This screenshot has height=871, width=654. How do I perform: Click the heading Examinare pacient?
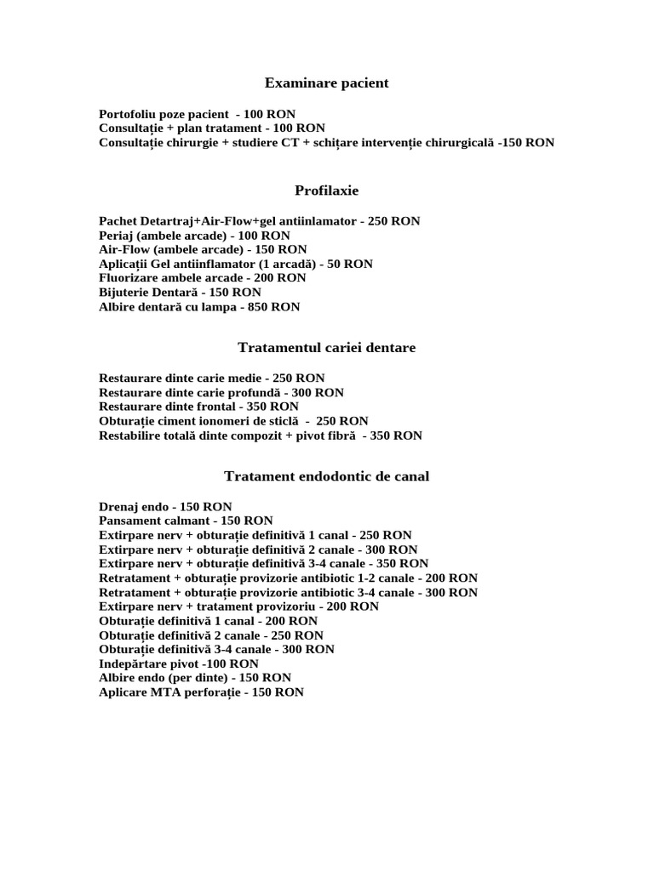[326, 83]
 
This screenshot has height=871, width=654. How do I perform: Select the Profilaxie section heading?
[326, 190]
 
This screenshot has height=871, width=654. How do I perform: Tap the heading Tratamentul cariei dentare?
[326, 348]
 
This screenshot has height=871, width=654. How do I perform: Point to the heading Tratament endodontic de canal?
[326, 476]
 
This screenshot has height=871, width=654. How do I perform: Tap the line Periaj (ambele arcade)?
[194, 236]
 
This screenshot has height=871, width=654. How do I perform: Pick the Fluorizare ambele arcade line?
[203, 278]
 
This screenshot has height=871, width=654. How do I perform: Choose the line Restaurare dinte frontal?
[198, 407]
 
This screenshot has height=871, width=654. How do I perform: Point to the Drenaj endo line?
[165, 507]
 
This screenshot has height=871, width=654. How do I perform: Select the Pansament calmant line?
[186, 521]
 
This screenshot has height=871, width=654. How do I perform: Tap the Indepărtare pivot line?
[179, 663]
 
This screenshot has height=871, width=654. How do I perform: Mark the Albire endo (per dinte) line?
[195, 678]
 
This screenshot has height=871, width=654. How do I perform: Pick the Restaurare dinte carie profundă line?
[221, 393]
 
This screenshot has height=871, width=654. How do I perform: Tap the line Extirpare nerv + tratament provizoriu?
[238, 606]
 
